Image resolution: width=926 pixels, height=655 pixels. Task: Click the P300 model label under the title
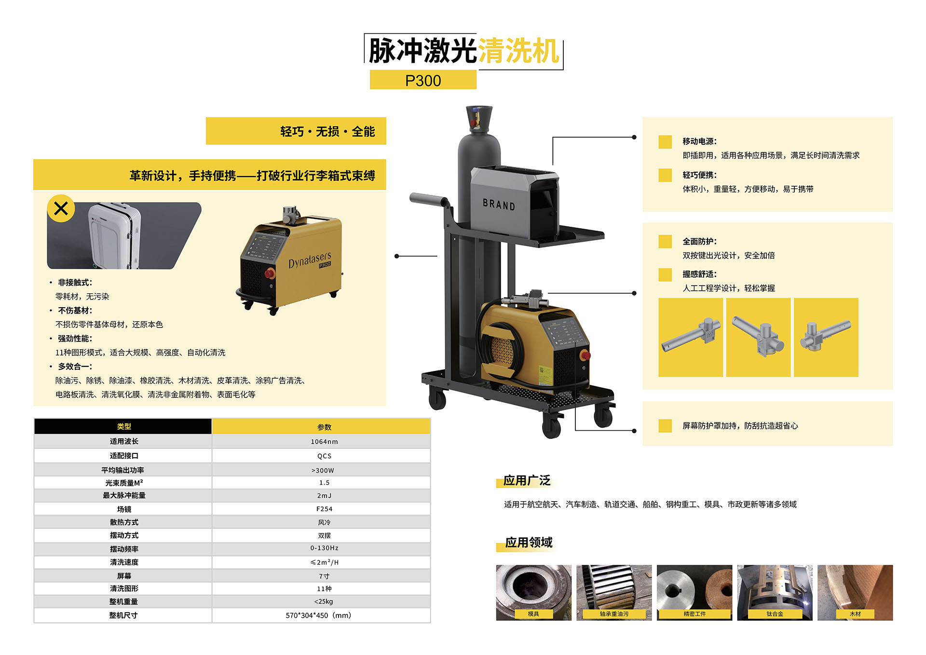click(423, 81)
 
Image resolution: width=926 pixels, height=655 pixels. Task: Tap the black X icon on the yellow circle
click(61, 208)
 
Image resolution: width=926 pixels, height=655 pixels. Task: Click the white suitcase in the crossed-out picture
click(114, 235)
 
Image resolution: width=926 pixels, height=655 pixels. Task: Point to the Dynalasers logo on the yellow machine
click(310, 260)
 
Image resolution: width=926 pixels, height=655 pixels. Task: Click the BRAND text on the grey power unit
click(499, 205)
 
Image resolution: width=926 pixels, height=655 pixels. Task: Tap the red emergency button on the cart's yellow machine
click(585, 355)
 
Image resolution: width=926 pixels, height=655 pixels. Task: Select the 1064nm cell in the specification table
click(324, 441)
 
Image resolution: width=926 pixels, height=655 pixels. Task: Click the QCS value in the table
click(324, 456)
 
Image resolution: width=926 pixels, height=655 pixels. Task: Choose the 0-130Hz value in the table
click(324, 548)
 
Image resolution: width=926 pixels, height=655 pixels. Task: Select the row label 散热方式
click(124, 522)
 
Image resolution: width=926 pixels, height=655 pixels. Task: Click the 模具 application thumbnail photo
click(533, 592)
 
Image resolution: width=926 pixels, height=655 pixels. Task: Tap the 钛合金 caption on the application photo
click(775, 614)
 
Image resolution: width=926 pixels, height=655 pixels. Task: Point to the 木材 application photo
click(855, 592)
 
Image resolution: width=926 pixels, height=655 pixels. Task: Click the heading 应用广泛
click(527, 480)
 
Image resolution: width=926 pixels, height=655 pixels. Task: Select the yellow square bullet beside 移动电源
click(665, 142)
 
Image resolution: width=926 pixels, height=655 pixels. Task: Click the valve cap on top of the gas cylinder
click(479, 118)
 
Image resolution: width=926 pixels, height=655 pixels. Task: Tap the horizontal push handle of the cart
click(429, 199)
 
